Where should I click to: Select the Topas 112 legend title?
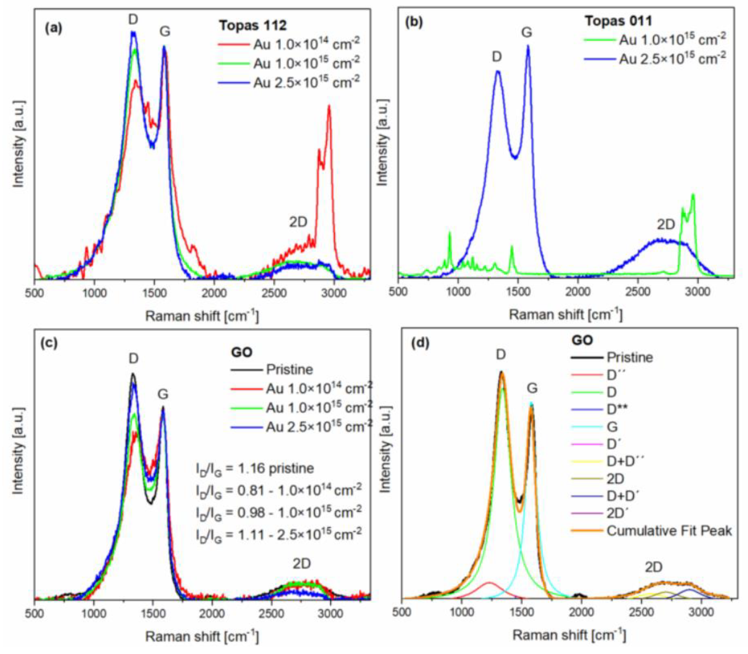252,26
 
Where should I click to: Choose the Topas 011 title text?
619,21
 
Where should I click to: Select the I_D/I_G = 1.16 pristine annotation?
254,468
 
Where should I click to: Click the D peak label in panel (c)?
134,358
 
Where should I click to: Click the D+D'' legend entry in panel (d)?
626,462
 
